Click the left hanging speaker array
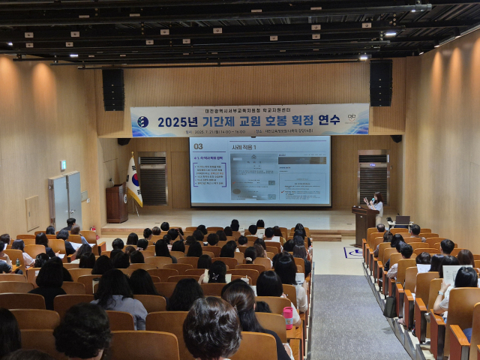[113, 89]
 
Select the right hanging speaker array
[380, 82]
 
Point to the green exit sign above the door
[63, 165]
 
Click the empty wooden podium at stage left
[116, 202]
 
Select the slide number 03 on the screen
[199, 146]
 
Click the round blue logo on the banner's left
[142, 122]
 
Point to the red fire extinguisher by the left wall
[94, 229]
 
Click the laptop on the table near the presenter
[403, 221]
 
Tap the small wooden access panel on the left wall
[33, 212]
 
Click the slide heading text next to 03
[244, 147]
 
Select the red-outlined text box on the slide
[209, 174]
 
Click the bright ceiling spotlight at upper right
[390, 33]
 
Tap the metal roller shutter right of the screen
[373, 177]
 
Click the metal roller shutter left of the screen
[153, 180]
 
